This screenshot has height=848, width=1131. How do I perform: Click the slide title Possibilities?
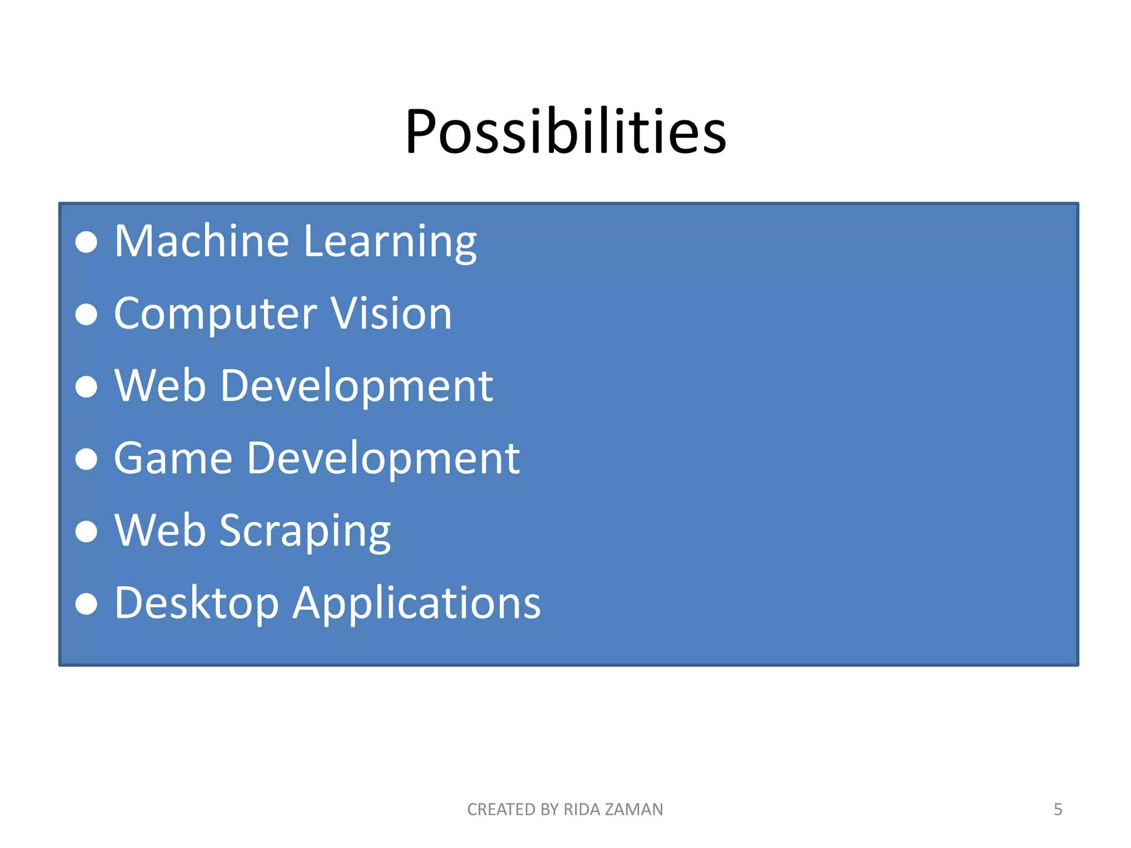click(565, 131)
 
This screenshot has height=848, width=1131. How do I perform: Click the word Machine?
click(202, 241)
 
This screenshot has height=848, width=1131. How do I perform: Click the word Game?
click(173, 458)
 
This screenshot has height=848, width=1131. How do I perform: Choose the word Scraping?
click(305, 531)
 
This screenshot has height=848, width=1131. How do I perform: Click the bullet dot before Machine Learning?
click(86, 242)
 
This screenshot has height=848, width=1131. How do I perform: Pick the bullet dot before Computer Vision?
click(86, 315)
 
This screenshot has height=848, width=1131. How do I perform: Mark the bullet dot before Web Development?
click(86, 386)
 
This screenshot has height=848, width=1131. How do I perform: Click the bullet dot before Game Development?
click(86, 459)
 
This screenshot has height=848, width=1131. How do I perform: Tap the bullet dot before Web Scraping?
click(86, 532)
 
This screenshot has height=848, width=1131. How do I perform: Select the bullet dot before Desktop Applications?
click(86, 604)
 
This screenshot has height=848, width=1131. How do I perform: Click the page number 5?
click(1058, 809)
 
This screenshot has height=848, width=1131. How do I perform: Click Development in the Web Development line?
click(356, 386)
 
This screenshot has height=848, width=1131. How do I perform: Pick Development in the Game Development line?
click(383, 459)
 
